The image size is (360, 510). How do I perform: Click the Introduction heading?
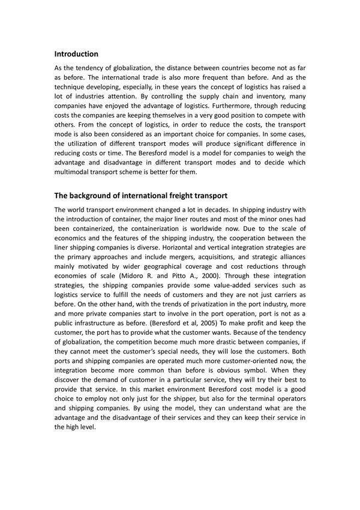click(x=76, y=54)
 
